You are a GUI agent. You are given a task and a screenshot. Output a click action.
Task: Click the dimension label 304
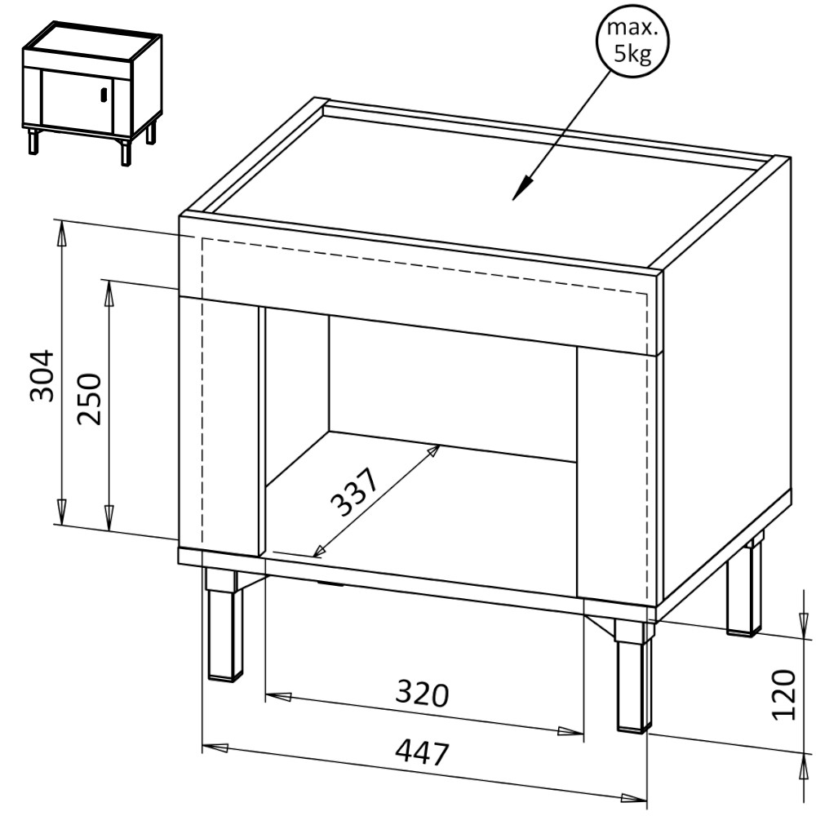coord(42,375)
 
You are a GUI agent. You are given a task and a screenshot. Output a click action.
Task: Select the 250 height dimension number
coord(89,399)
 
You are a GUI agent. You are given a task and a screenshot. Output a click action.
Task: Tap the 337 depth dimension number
coord(354,492)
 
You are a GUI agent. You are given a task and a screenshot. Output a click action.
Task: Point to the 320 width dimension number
coord(422,694)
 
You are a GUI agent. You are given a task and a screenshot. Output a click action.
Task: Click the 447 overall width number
coord(422,752)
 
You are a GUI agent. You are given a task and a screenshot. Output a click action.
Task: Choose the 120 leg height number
coord(784,694)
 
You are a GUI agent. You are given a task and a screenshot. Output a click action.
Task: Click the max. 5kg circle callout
coord(632,41)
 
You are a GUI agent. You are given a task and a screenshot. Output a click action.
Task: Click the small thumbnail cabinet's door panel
coord(78,100)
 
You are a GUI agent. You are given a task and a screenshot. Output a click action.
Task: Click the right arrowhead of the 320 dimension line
coord(570,731)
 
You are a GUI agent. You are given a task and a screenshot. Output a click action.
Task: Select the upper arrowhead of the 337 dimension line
coord(432,450)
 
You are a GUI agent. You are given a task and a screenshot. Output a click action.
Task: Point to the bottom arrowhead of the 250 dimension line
coord(109,518)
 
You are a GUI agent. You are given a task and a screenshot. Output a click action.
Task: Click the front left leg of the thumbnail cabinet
coord(33,140)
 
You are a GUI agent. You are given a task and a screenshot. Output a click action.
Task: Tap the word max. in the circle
coord(632,28)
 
